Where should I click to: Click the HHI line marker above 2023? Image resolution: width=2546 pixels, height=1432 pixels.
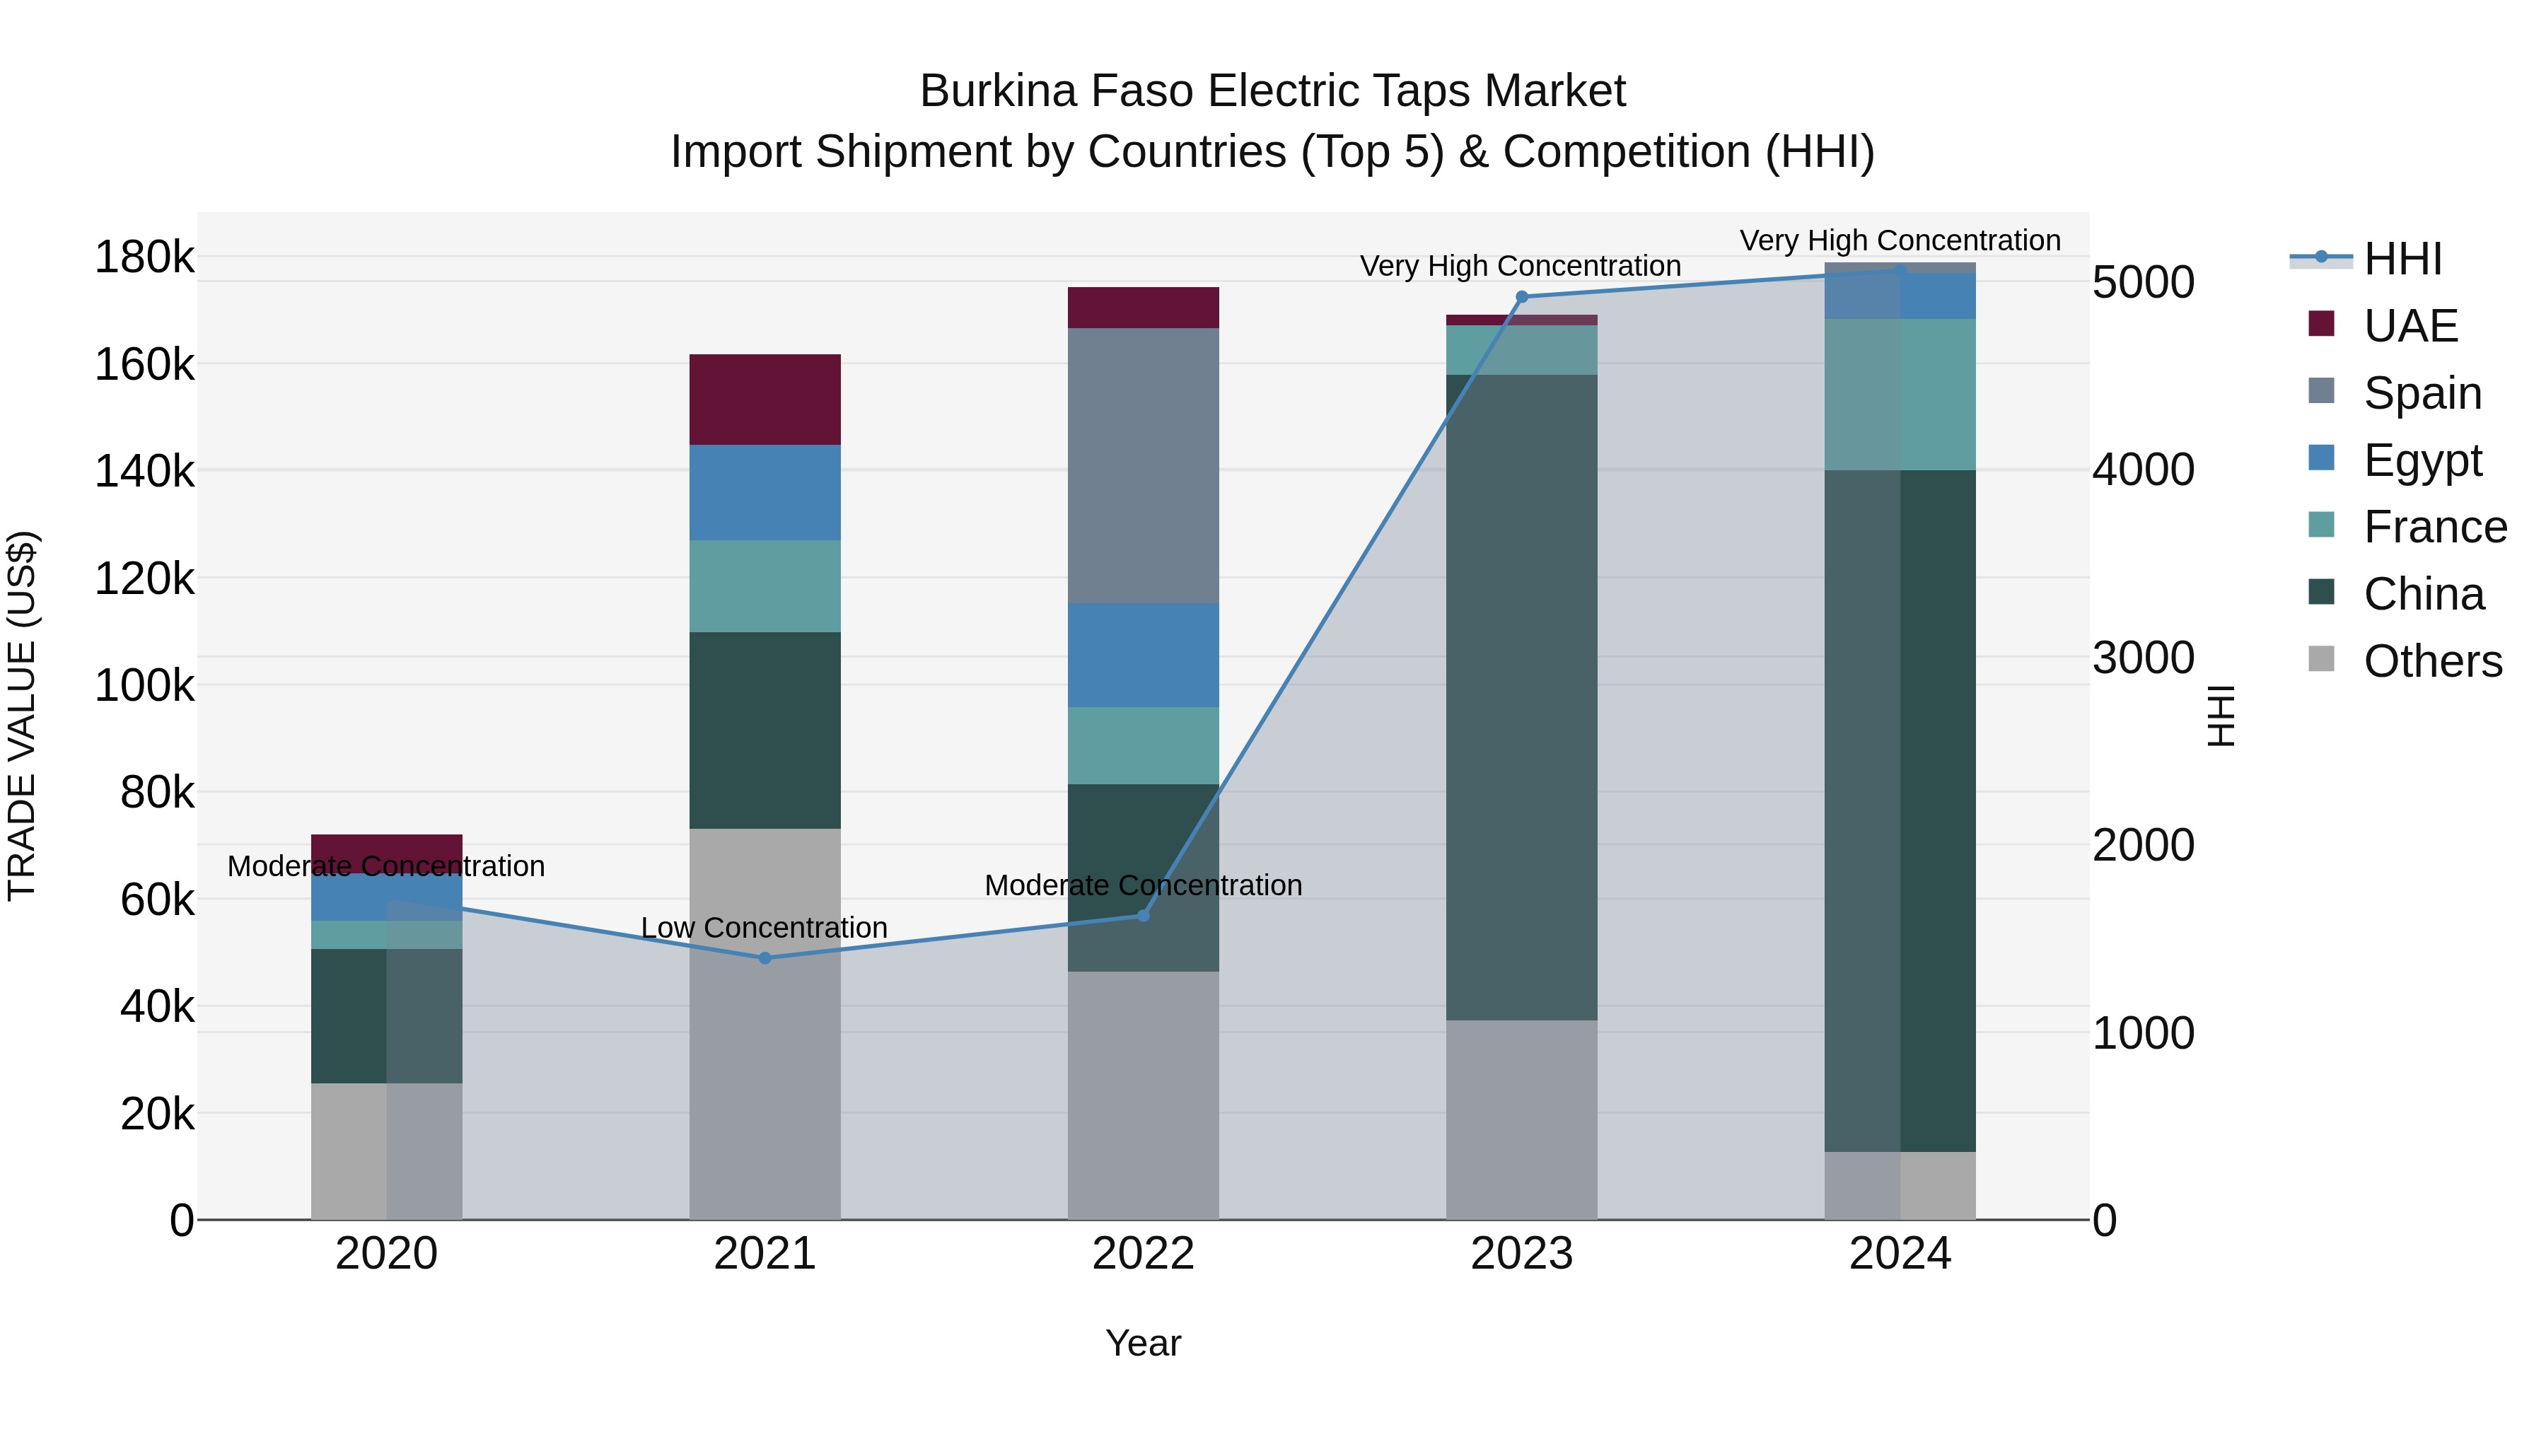tap(1521, 296)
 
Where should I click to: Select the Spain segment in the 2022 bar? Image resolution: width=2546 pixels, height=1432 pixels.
tap(1143, 465)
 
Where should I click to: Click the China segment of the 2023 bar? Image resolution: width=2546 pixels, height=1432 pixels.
tap(1521, 697)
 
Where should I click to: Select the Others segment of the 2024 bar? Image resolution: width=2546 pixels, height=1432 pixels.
tap(1899, 1185)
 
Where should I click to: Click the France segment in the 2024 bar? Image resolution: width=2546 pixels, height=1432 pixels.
tap(1899, 395)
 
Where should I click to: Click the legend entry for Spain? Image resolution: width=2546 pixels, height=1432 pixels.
tap(2421, 393)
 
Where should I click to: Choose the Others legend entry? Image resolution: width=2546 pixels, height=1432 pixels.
tap(2431, 661)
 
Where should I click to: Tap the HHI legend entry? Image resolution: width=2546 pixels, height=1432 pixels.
tap(2402, 259)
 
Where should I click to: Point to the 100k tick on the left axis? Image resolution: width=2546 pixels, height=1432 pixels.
tap(144, 685)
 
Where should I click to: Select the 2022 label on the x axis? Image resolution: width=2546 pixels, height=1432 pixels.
tap(1143, 1254)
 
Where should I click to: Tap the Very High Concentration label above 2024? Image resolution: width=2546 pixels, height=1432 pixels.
tap(1899, 241)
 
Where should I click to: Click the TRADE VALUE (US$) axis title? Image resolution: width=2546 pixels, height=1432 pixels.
tap(23, 716)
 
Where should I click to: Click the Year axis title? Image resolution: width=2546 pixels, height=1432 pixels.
tap(1143, 1343)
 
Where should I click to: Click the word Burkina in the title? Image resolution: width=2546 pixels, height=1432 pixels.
tap(997, 91)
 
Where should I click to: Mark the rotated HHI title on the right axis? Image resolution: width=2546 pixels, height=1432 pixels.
tap(2221, 716)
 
